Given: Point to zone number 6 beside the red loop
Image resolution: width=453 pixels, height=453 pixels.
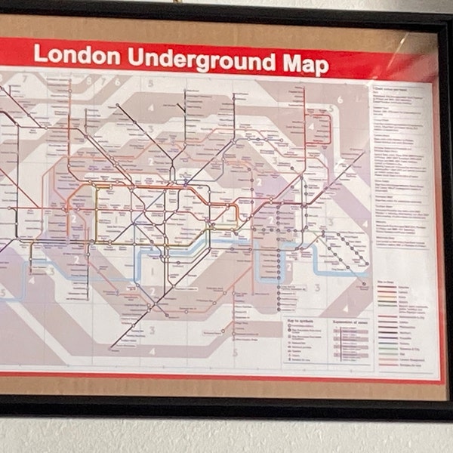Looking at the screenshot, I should coord(341,99).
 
